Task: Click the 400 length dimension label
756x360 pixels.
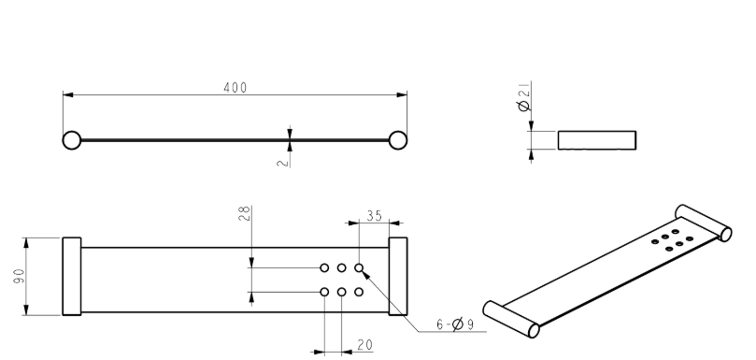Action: (x=235, y=88)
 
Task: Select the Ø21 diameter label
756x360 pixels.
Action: (x=523, y=96)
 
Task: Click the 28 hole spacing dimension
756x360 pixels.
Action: (x=244, y=214)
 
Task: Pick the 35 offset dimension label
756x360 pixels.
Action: (x=374, y=216)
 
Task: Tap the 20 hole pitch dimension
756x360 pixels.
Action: (x=365, y=345)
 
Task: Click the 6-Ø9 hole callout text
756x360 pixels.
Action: (x=455, y=324)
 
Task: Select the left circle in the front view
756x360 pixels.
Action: (x=72, y=140)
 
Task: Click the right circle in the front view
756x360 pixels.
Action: (x=398, y=140)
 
